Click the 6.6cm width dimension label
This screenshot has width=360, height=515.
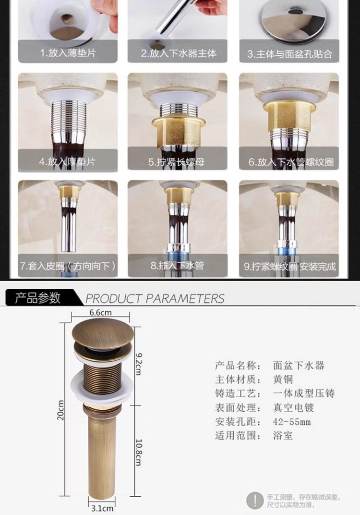click(x=100, y=312)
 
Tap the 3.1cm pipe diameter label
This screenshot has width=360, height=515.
click(x=102, y=508)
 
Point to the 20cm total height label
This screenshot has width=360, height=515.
click(x=60, y=410)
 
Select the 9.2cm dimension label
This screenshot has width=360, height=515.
click(x=138, y=364)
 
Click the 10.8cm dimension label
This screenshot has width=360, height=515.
click(x=139, y=452)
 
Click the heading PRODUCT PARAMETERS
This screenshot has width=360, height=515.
click(x=155, y=298)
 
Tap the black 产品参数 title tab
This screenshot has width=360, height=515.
click(x=38, y=298)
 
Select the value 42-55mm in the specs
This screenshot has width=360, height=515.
click(x=291, y=422)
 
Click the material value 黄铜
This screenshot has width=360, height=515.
click(x=283, y=380)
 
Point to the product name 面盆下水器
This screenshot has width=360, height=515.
click(x=299, y=365)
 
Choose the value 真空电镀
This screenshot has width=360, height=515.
click(x=293, y=407)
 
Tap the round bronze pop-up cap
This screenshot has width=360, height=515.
click(x=103, y=332)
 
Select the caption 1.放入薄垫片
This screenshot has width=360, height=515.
click(x=68, y=53)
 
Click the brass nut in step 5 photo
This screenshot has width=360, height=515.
click(x=179, y=131)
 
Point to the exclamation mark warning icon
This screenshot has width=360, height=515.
click(x=254, y=501)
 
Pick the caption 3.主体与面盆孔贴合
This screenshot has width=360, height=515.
click(x=290, y=54)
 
